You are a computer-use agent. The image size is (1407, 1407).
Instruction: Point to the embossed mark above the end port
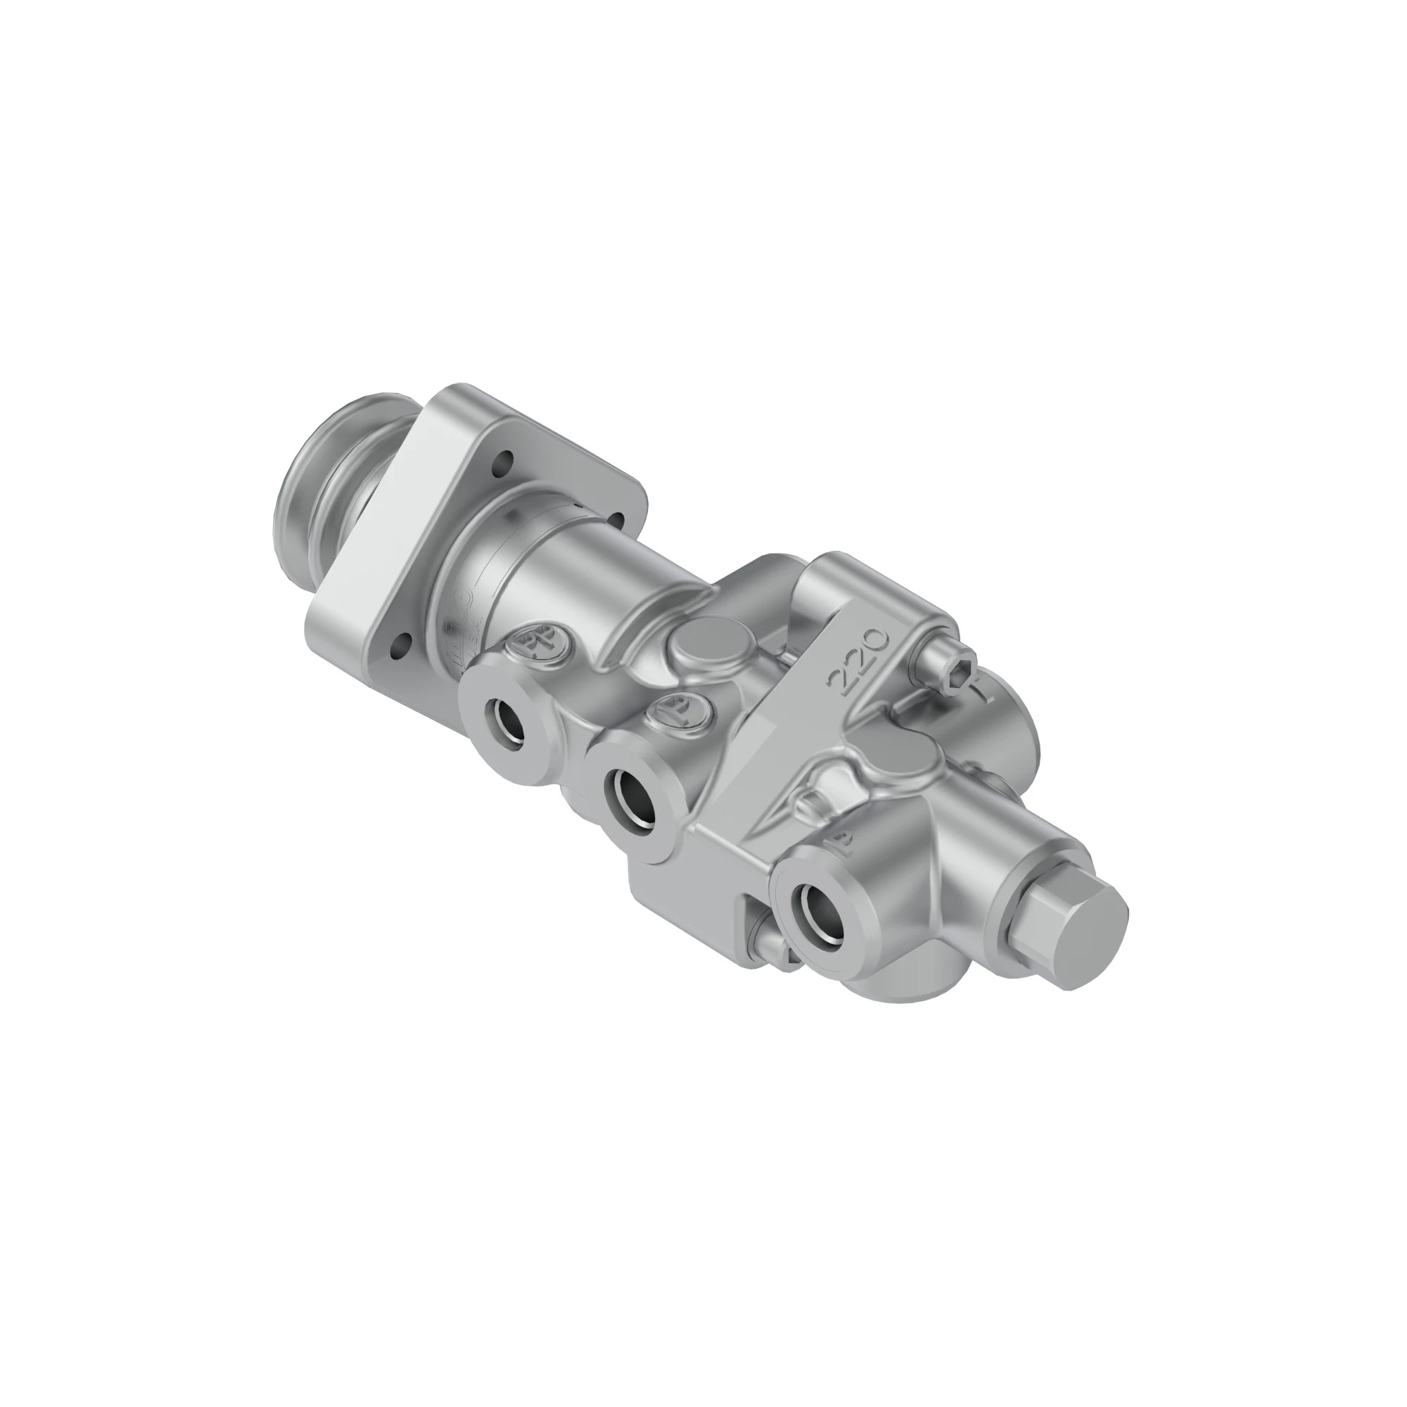click(840, 845)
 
